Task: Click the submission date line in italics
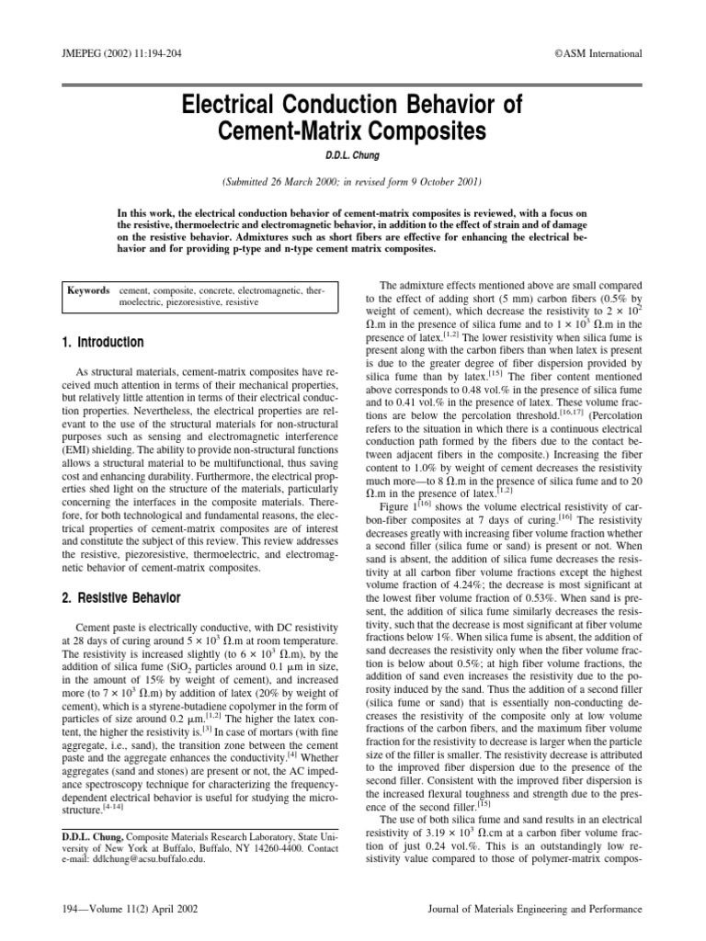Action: pyautogui.click(x=352, y=182)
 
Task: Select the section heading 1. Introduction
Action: pyautogui.click(x=102, y=343)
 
